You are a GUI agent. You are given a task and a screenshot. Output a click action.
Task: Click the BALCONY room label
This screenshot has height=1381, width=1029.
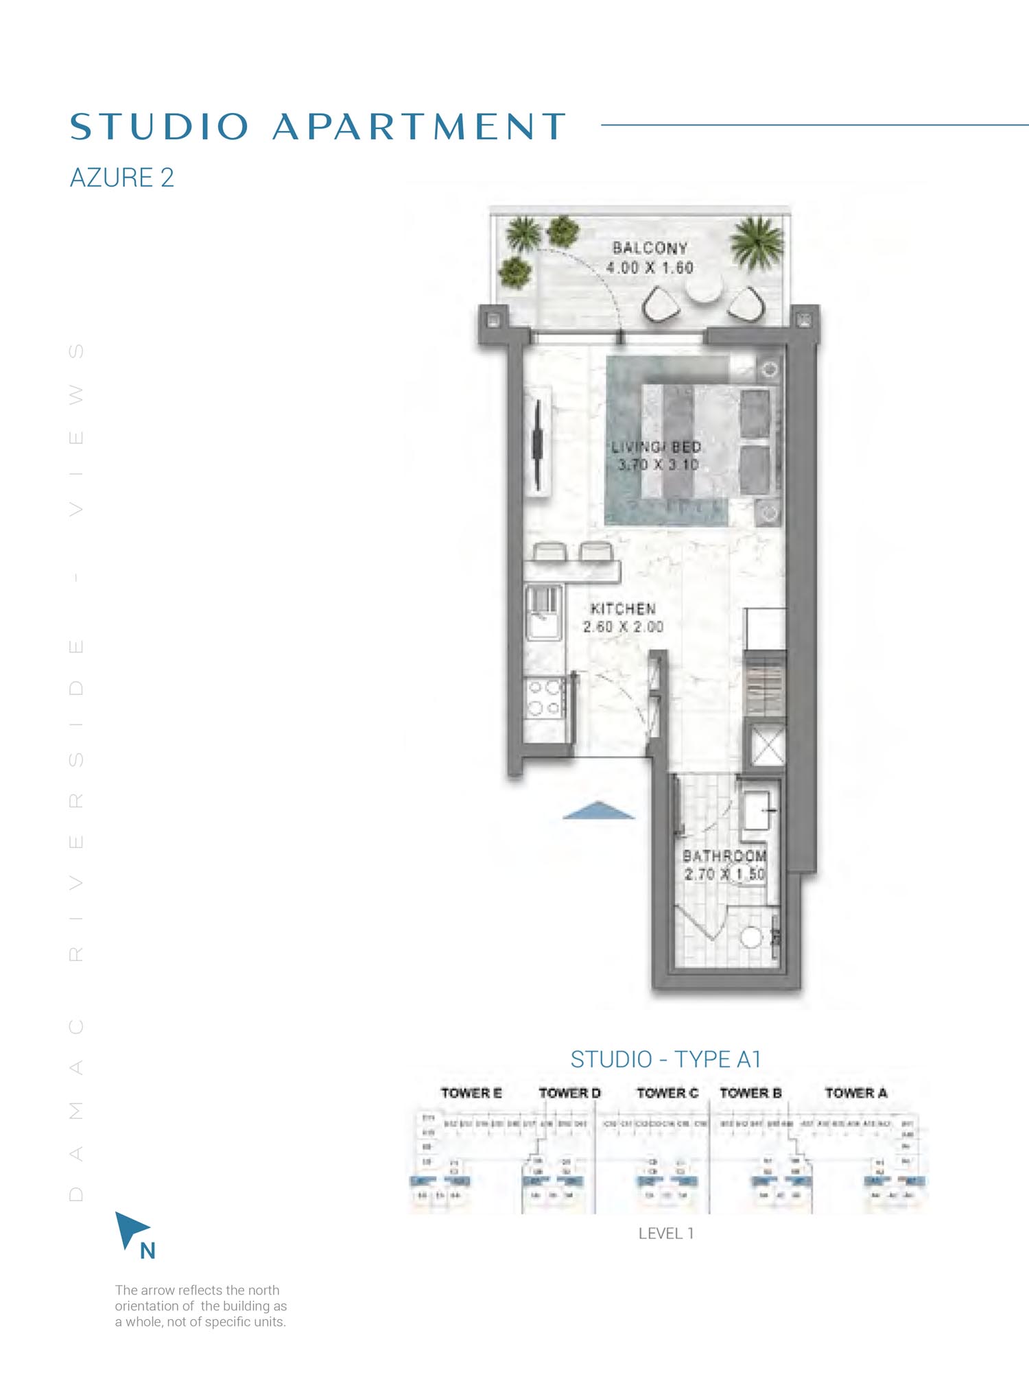649,248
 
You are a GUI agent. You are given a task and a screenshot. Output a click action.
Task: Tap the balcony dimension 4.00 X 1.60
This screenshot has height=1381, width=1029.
649,268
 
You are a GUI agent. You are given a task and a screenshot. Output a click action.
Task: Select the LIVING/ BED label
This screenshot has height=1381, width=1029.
656,447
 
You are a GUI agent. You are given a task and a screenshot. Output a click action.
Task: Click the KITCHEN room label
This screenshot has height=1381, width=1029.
623,609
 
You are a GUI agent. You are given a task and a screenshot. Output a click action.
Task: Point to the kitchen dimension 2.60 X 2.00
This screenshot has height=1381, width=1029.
623,627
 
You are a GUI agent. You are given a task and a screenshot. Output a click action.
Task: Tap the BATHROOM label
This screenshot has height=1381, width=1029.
724,856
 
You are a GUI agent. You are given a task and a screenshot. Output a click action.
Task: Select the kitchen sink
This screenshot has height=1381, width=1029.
543,613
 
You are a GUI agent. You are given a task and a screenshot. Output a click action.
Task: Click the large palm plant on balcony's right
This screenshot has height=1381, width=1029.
757,242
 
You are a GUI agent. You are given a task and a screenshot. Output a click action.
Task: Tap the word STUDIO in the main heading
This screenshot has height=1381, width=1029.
159,127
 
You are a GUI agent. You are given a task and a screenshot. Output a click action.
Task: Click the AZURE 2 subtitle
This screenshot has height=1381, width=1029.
122,178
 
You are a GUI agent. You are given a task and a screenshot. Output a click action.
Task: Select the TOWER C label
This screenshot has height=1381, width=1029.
667,1093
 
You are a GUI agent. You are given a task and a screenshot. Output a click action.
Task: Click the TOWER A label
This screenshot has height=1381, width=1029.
855,1093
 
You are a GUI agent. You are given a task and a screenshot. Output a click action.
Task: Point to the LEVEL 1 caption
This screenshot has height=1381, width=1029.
665,1234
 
